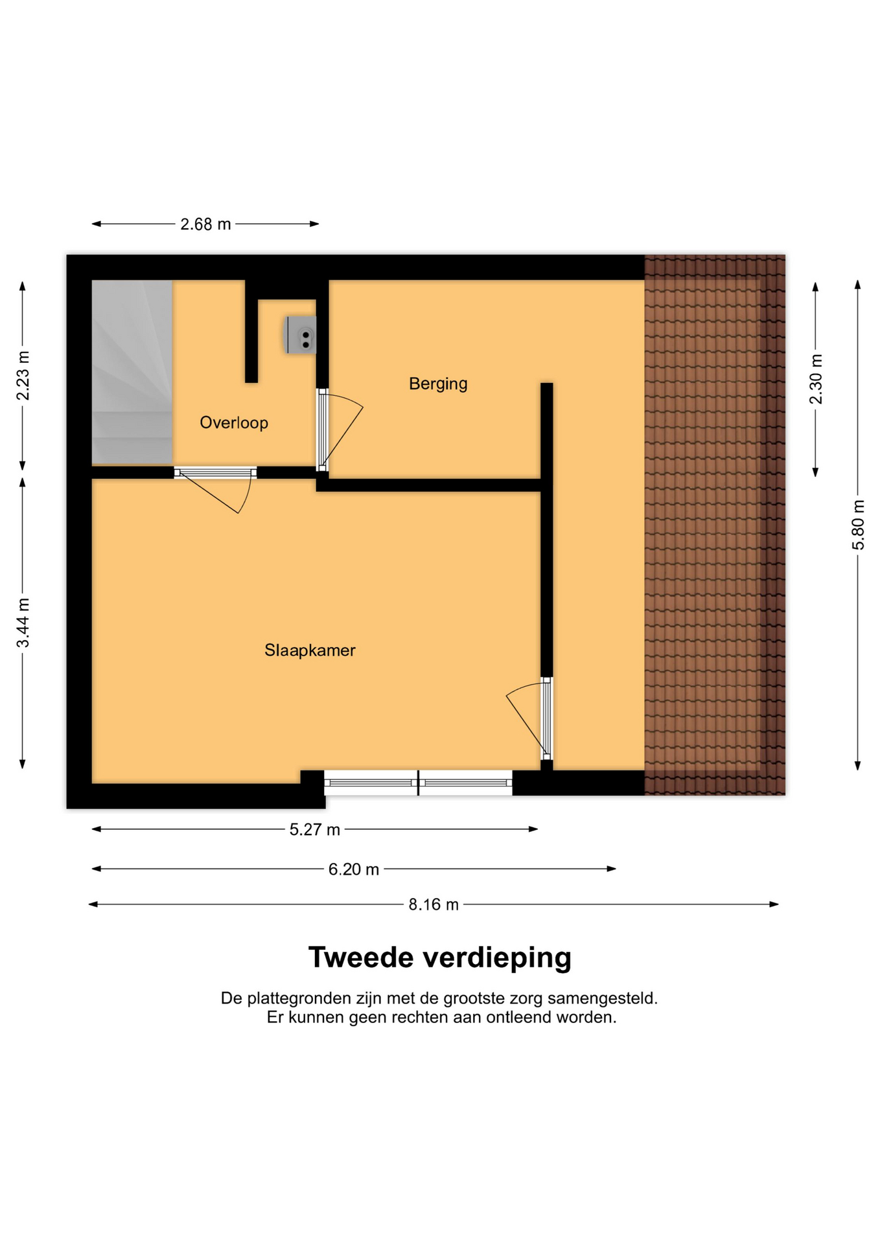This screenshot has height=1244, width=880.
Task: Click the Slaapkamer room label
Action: click(310, 651)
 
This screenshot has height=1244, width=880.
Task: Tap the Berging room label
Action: click(438, 384)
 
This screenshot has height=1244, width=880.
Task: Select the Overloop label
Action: click(234, 423)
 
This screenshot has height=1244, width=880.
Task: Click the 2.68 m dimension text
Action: click(205, 224)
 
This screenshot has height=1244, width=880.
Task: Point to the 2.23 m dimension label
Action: click(23, 376)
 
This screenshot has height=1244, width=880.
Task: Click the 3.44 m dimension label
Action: click(23, 623)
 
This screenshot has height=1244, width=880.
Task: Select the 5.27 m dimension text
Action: click(314, 830)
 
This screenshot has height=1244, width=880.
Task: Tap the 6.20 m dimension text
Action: click(353, 870)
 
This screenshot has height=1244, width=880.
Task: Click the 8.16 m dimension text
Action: click(434, 904)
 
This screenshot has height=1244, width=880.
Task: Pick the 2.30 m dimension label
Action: click(816, 379)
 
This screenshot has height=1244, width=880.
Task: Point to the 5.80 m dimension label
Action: click(858, 525)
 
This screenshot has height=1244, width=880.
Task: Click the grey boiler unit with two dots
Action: click(301, 335)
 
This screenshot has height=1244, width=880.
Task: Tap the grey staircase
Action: click(132, 372)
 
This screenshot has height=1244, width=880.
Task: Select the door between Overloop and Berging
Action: click(337, 430)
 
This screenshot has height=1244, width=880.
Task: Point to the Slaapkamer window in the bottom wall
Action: click(418, 783)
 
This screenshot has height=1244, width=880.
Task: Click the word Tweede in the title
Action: click(360, 958)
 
